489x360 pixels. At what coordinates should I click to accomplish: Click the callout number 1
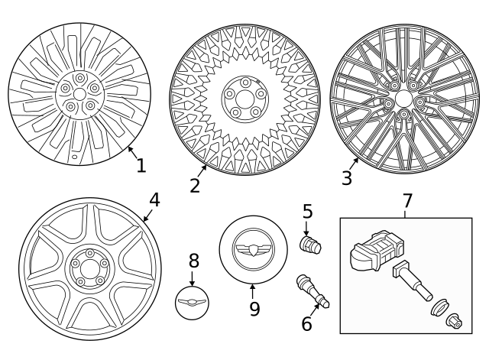pyautogui.click(x=141, y=164)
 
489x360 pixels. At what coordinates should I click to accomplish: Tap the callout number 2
pyautogui.click(x=195, y=185)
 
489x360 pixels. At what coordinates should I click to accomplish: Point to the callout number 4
pyautogui.click(x=154, y=200)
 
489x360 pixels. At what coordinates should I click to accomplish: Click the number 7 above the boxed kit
pyautogui.click(x=407, y=201)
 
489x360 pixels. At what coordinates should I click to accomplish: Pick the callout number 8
pyautogui.click(x=193, y=261)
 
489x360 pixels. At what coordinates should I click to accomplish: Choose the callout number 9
pyautogui.click(x=254, y=308)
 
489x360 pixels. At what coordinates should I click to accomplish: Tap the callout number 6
pyautogui.click(x=306, y=323)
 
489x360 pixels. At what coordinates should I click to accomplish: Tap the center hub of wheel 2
pyautogui.click(x=242, y=100)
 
